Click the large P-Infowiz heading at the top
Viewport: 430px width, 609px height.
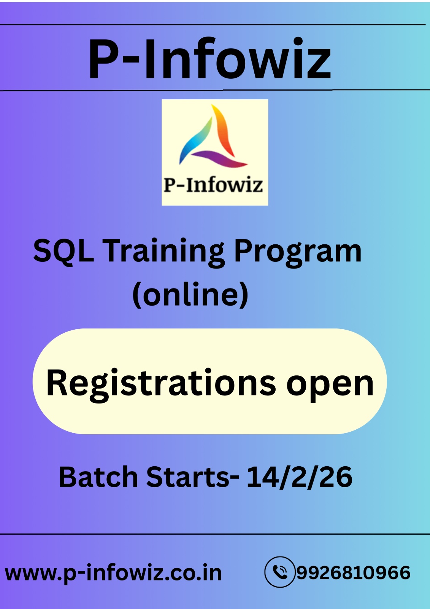click(209, 59)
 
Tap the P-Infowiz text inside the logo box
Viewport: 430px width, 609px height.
click(213, 185)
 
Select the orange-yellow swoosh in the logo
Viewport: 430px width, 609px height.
click(224, 129)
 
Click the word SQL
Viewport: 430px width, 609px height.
click(63, 251)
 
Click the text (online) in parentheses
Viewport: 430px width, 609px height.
click(190, 295)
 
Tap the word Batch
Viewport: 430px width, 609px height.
click(98, 477)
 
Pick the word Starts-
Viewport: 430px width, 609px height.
click(192, 477)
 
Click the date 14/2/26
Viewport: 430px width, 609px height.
click(299, 477)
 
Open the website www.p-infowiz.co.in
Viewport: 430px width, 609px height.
click(113, 573)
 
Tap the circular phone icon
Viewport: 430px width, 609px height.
click(280, 572)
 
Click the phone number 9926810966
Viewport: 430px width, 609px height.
click(353, 572)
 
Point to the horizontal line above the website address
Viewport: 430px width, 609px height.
click(215, 534)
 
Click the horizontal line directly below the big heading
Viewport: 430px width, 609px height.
click(215, 90)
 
